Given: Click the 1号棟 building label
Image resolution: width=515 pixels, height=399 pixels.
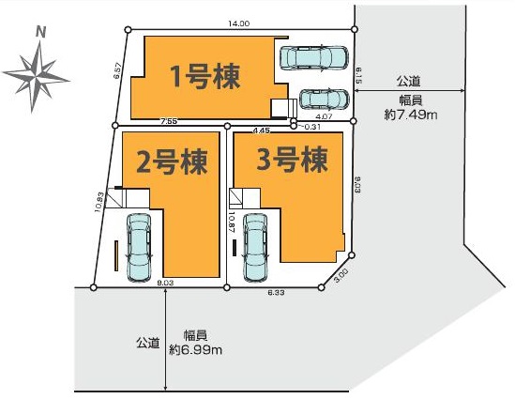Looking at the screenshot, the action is point(205,77).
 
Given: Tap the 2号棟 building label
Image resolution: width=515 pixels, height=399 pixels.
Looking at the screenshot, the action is point(172,161).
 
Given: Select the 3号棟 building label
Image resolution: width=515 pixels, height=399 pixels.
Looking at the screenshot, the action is point(292,160).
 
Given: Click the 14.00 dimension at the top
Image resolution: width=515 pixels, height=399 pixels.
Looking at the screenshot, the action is point(239,23).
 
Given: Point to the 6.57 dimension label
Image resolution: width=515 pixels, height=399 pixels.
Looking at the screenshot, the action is point(118,70).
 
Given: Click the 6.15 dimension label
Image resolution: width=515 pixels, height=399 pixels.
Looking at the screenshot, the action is point(358,76).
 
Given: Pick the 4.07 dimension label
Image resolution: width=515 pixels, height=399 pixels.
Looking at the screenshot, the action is point(325,116).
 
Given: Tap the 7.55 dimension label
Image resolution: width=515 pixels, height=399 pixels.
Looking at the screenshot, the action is point(169,121).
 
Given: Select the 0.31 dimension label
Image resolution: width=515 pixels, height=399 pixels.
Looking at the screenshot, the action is point(311,127).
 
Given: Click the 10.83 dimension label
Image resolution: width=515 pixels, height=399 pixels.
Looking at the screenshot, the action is point(100,202).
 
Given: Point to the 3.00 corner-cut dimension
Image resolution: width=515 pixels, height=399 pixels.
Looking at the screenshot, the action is point(341,273).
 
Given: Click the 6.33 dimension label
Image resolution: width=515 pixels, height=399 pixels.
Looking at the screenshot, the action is point(276,293).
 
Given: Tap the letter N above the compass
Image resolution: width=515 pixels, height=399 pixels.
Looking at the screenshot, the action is point(40,32).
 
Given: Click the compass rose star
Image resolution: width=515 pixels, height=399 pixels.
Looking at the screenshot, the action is point(37,77).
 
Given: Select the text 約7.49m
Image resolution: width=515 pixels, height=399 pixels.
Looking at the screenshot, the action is point(411,115).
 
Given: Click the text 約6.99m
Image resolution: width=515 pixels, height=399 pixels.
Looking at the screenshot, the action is point(196,350).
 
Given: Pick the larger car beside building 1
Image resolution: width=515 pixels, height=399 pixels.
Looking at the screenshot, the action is point(313,57).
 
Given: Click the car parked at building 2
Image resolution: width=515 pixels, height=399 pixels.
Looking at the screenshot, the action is point(139,248).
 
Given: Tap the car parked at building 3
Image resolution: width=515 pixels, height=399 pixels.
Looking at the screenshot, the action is point(255,248).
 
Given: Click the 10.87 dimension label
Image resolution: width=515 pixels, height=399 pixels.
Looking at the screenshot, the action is point(231,222).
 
